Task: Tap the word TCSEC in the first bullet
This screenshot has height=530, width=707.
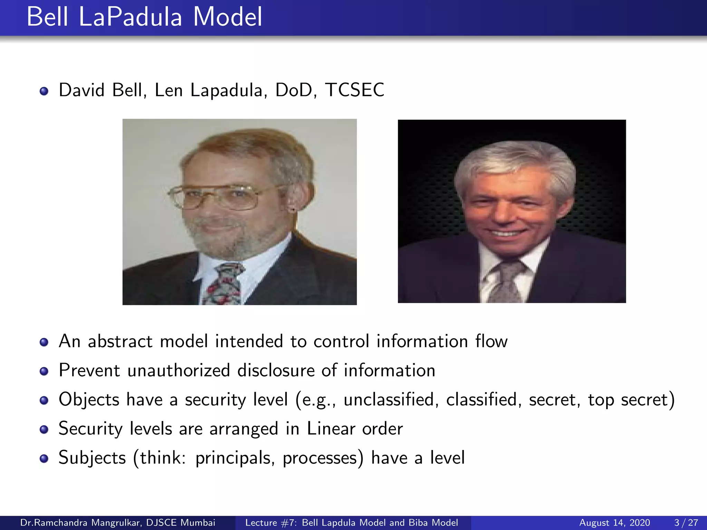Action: coord(355,90)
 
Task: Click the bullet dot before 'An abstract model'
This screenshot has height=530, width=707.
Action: coord(44,342)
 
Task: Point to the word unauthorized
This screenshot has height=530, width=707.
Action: coord(178,371)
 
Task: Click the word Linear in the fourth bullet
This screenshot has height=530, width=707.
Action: coord(331,429)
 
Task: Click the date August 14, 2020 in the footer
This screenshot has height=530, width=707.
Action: coord(614,523)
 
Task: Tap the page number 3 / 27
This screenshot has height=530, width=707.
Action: coord(686,523)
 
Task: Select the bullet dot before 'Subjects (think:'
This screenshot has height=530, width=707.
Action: coord(44,458)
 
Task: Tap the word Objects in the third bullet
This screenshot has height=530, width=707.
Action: coord(89,400)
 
